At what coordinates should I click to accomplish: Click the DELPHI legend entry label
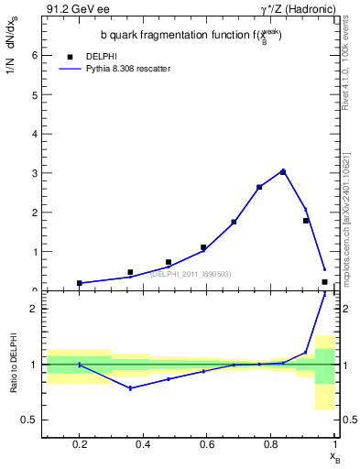[102, 55]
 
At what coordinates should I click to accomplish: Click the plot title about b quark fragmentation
[191, 35]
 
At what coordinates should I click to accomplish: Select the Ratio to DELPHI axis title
[16, 365]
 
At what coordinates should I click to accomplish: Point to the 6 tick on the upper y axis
[34, 55]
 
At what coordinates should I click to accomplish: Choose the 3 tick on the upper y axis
[34, 173]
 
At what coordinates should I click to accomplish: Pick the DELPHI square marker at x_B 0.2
[80, 283]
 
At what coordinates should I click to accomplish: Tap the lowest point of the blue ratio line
[131, 388]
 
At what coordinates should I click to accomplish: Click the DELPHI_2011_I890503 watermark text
[191, 274]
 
